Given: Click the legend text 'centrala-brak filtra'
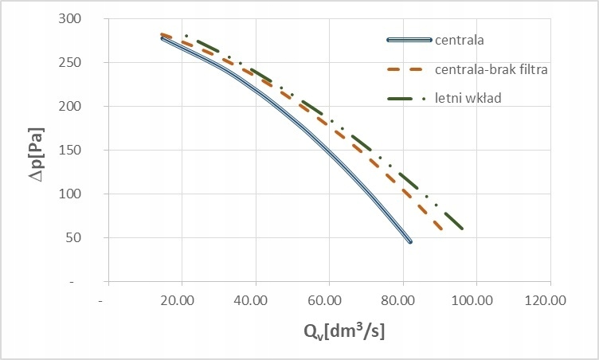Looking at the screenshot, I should click(491, 69).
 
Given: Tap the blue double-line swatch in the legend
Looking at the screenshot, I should click(409, 39).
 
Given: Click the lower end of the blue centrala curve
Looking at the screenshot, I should click(410, 241).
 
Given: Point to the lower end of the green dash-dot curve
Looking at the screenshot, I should click(462, 229).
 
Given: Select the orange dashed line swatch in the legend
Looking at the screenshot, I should click(409, 69).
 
